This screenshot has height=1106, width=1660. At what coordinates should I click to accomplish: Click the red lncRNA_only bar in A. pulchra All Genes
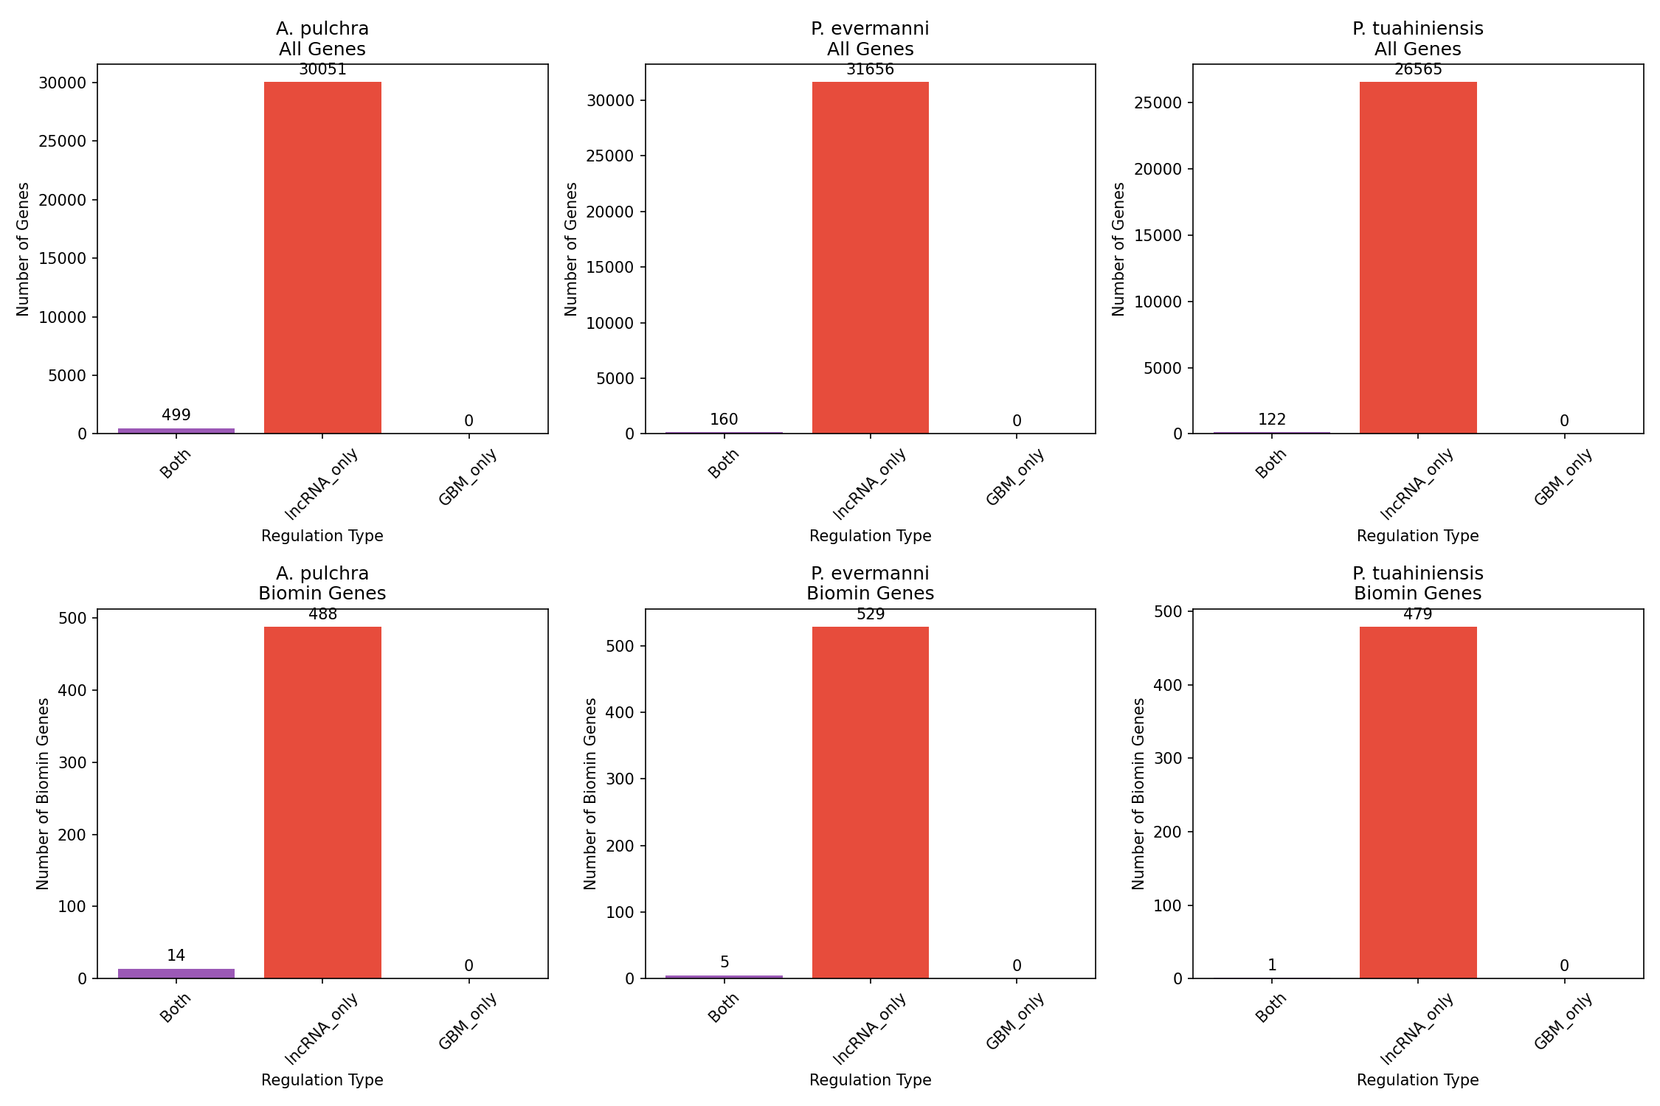[322, 257]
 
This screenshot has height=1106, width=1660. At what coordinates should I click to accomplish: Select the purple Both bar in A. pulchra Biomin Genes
[176, 973]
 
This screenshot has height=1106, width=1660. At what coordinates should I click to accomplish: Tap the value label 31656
[870, 70]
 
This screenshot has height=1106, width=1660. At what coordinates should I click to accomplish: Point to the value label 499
[176, 415]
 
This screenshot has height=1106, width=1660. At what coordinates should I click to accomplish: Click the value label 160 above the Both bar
[724, 420]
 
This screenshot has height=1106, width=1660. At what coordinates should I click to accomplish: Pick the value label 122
[1271, 420]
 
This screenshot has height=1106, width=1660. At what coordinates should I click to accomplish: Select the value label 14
[176, 956]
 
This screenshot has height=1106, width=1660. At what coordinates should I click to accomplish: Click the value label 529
[870, 614]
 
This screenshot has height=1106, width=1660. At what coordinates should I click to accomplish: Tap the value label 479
[1417, 614]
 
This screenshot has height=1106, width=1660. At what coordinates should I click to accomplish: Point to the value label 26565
[1417, 70]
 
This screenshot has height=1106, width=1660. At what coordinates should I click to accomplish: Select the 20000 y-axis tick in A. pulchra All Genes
[62, 200]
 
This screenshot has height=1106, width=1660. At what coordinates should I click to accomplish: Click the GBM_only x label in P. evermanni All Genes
[1015, 477]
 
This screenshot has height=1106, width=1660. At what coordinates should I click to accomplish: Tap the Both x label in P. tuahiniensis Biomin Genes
[1270, 1007]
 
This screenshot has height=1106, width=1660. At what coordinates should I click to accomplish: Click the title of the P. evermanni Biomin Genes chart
[870, 583]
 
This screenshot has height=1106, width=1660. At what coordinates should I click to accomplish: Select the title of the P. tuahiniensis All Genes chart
[1417, 39]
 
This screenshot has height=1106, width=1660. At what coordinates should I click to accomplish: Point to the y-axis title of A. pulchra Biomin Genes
[43, 793]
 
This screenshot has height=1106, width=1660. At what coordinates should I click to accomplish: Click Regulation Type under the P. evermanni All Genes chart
[870, 536]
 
